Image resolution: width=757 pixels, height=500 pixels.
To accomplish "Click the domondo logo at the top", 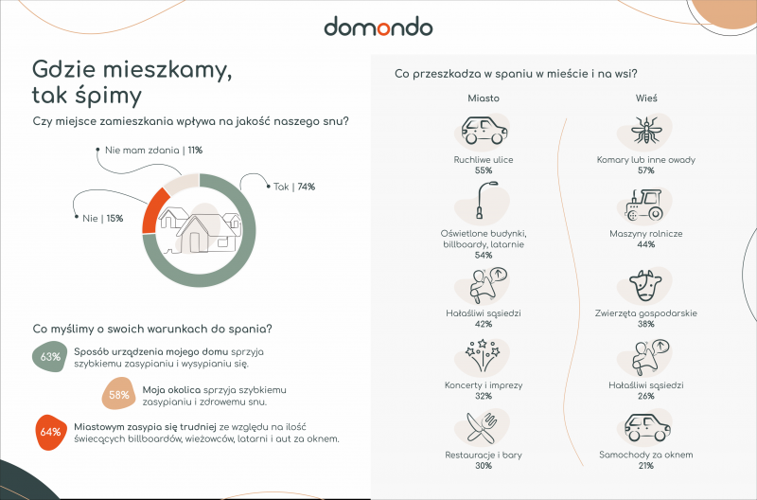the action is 378,27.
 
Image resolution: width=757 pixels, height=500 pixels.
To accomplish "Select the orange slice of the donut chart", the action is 153,212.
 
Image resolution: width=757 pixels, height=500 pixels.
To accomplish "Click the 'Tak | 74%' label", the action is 294,187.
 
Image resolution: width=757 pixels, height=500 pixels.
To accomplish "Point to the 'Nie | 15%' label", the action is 103,219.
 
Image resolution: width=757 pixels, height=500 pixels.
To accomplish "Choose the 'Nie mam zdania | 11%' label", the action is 153,151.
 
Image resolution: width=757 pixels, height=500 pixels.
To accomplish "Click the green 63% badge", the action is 50,356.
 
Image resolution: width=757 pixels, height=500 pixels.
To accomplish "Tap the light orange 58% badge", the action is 119,395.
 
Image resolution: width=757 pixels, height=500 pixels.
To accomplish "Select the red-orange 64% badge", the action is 51,432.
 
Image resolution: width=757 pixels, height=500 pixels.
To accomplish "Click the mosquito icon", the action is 644,130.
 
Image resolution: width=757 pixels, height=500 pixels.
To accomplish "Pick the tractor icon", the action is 644,205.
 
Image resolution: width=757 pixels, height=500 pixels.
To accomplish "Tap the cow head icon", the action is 645,285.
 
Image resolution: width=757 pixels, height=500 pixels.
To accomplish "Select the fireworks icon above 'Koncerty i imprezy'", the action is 482,356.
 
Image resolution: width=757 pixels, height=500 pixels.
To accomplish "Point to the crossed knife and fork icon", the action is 482,427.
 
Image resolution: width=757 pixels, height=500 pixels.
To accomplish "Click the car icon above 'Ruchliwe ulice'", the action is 484,130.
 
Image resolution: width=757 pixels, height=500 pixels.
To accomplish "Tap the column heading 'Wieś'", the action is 646,98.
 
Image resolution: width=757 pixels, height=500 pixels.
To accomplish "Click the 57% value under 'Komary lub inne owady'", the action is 646,170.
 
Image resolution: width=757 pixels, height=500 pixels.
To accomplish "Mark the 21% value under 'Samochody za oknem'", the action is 646,466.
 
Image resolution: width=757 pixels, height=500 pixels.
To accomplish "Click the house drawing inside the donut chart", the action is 200,230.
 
